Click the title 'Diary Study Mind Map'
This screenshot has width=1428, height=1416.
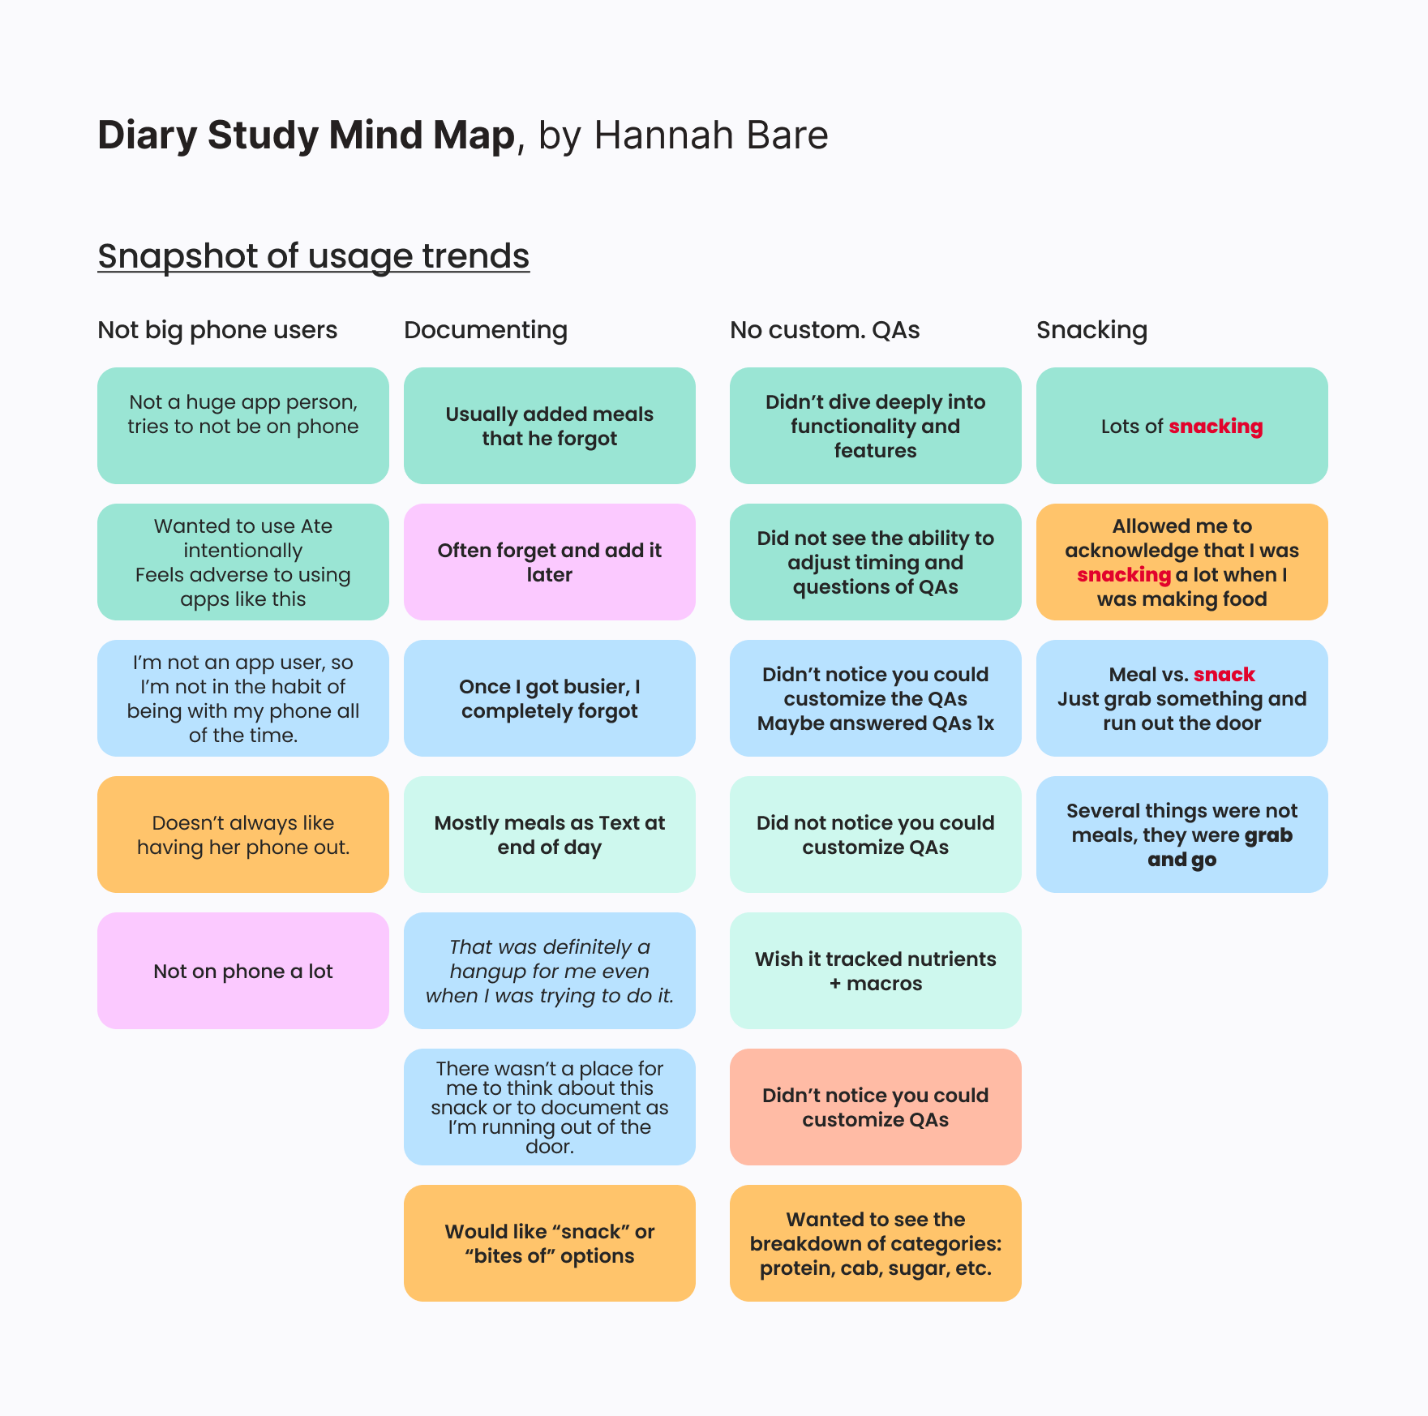coord(306,135)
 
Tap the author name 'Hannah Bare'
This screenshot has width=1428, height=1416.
coord(710,135)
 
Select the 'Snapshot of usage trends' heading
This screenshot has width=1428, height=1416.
coord(313,256)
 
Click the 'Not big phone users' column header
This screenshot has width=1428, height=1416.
coord(217,330)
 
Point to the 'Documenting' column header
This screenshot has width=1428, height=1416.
coord(485,330)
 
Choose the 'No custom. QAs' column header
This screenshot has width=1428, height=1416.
coord(824,330)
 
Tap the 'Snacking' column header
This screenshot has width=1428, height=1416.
coord(1091,330)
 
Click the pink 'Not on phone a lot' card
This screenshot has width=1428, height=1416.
coord(243,971)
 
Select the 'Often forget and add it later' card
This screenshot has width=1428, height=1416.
coord(550,562)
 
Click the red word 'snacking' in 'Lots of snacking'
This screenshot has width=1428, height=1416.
coord(1216,427)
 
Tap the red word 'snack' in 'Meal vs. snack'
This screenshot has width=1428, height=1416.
coord(1224,675)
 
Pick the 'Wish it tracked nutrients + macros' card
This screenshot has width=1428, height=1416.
coord(875,971)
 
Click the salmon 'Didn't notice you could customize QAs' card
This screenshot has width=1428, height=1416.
coord(875,1107)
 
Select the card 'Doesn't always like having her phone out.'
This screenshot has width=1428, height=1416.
coord(243,835)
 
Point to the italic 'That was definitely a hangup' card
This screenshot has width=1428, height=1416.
coord(550,971)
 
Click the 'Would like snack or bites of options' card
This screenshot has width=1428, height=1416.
coord(550,1243)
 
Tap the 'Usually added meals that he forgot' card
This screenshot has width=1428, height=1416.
coord(550,426)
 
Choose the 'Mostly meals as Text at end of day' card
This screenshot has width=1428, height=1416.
coord(550,835)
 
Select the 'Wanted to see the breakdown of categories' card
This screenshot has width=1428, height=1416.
coord(875,1243)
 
